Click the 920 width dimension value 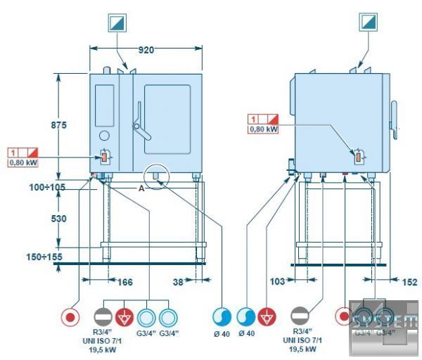(146, 50)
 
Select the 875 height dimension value (58, 124)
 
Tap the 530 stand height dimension (58, 219)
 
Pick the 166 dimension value (124, 283)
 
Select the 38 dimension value (180, 283)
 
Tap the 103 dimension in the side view (278, 282)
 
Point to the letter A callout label (141, 188)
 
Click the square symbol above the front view (117, 22)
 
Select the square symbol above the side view (369, 22)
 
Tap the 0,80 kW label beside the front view (23, 162)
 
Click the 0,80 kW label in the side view (263, 129)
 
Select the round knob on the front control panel (104, 135)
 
